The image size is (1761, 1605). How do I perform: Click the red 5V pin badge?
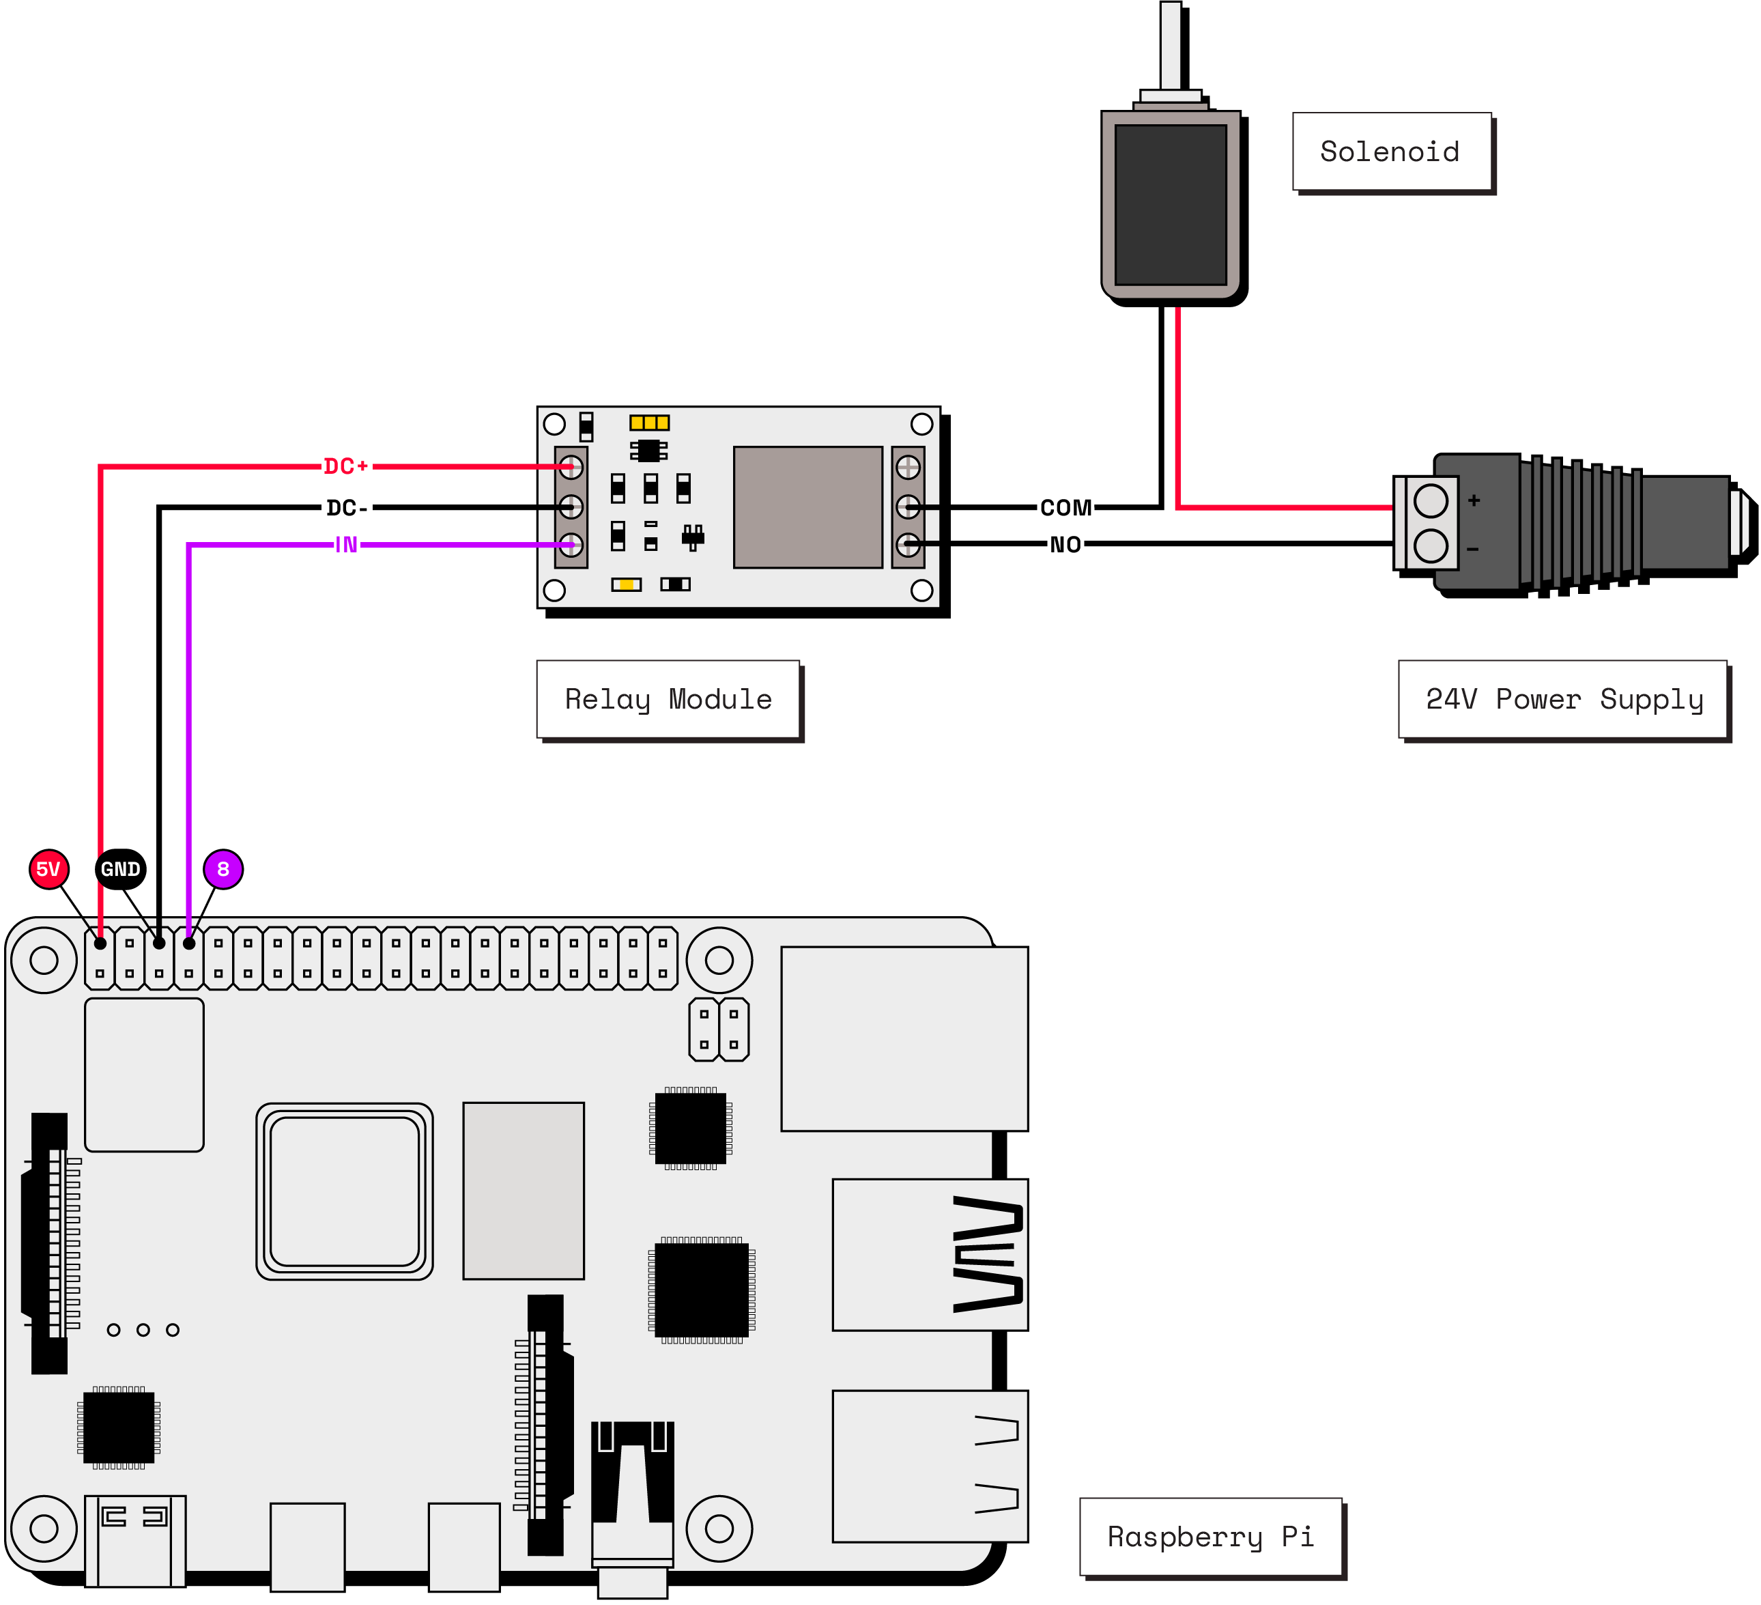pyautogui.click(x=49, y=869)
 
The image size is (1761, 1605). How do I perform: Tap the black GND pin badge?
pyautogui.click(x=121, y=869)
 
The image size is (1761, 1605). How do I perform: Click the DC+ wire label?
pyautogui.click(x=346, y=466)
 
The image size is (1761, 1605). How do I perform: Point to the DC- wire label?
pyautogui.click(x=346, y=508)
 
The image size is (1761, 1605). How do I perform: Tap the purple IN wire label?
pyautogui.click(x=346, y=545)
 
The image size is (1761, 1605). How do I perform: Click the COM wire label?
pyautogui.click(x=1065, y=508)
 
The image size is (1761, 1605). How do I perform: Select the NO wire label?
pyautogui.click(x=1065, y=544)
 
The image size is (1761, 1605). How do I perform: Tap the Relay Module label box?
pyautogui.click(x=668, y=699)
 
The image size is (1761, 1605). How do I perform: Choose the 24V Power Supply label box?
pyautogui.click(x=1564, y=699)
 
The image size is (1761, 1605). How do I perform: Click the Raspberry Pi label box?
pyautogui.click(x=1211, y=1537)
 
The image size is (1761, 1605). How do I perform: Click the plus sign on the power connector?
pyautogui.click(x=1474, y=500)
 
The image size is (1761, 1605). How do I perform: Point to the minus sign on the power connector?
pyautogui.click(x=1474, y=550)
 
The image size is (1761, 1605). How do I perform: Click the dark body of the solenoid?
pyautogui.click(x=1171, y=204)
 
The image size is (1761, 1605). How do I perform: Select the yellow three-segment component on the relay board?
pyautogui.click(x=649, y=423)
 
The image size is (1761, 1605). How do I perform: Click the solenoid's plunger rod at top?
pyautogui.click(x=1171, y=44)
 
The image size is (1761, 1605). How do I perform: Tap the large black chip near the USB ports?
pyautogui.click(x=702, y=1290)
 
